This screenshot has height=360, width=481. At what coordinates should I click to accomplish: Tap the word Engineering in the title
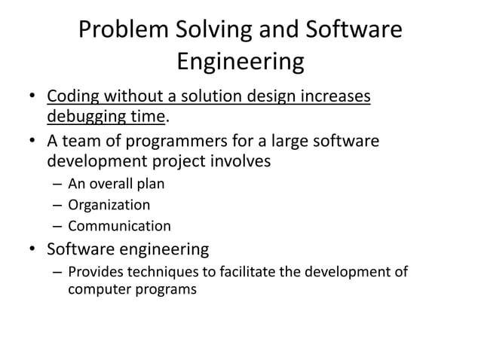point(240,62)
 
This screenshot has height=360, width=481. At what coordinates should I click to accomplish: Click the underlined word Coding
point(72,98)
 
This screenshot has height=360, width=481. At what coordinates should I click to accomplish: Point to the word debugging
point(85,117)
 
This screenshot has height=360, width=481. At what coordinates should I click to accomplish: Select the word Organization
point(109,204)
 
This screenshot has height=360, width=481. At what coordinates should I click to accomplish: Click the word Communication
point(119,226)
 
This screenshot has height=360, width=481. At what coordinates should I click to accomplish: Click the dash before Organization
point(57,205)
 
